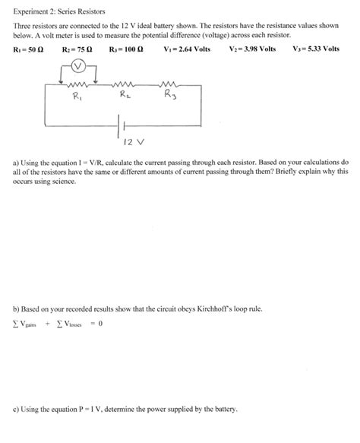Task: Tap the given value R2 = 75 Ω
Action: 77,49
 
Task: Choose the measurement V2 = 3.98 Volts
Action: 253,49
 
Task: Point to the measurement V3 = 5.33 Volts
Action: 316,49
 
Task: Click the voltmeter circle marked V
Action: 76,66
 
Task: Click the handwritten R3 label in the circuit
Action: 171,97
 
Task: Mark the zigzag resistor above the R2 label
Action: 124,84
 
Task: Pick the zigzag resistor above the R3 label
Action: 169,84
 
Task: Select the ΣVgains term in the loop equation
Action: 27,324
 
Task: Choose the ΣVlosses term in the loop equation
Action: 68,324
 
